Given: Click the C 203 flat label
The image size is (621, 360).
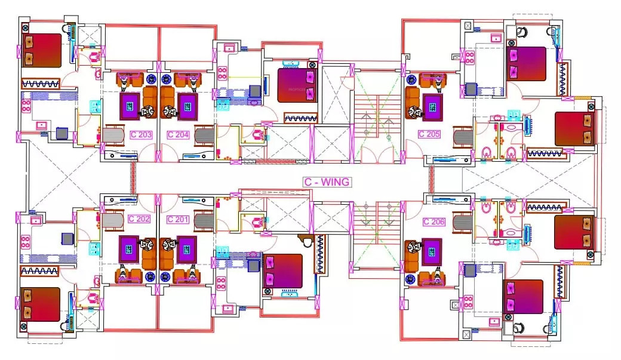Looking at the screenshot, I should (141, 135).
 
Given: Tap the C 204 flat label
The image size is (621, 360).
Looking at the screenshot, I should (178, 135).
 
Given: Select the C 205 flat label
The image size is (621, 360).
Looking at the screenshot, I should (429, 134).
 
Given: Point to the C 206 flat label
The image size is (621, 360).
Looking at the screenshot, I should (434, 221).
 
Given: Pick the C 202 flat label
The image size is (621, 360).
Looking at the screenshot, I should (139, 219).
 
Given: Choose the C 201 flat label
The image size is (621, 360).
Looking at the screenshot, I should (178, 219).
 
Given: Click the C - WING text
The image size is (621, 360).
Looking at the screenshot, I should (326, 181).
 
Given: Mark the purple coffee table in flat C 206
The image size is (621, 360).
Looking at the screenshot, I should (432, 252).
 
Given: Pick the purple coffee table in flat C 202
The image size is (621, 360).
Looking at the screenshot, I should (129, 249).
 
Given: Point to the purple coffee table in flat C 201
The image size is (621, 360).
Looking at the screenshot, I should (187, 249).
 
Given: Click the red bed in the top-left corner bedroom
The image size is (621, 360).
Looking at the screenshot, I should (41, 51).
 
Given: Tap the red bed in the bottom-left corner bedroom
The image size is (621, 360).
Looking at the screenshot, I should (41, 304).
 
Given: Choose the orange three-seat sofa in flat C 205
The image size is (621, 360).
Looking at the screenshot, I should (412, 102).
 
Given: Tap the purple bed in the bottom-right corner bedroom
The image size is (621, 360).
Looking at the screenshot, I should (523, 296).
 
